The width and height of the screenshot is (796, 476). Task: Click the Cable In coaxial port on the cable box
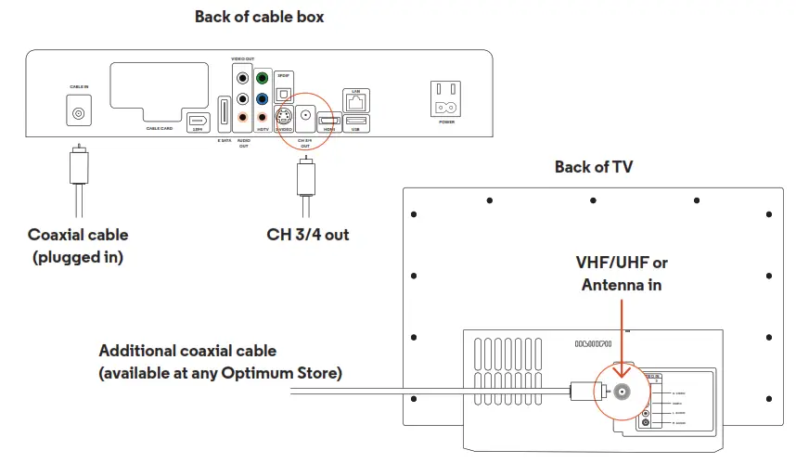coord(79,111)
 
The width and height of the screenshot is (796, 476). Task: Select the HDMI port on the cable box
coord(329,121)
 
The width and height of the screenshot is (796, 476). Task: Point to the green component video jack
coord(263,80)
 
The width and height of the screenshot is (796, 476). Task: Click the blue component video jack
coord(263,98)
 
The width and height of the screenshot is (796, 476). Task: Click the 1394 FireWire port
coord(198,121)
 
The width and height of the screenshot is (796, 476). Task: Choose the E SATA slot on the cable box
coord(224,116)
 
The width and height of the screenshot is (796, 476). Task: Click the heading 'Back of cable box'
coord(259,17)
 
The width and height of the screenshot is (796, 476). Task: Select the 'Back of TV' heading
coord(595,167)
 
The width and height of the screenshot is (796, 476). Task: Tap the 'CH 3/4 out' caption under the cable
coord(308,235)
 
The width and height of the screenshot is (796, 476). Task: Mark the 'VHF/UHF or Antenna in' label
coord(621,274)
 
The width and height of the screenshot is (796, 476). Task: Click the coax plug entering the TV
coord(583,392)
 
